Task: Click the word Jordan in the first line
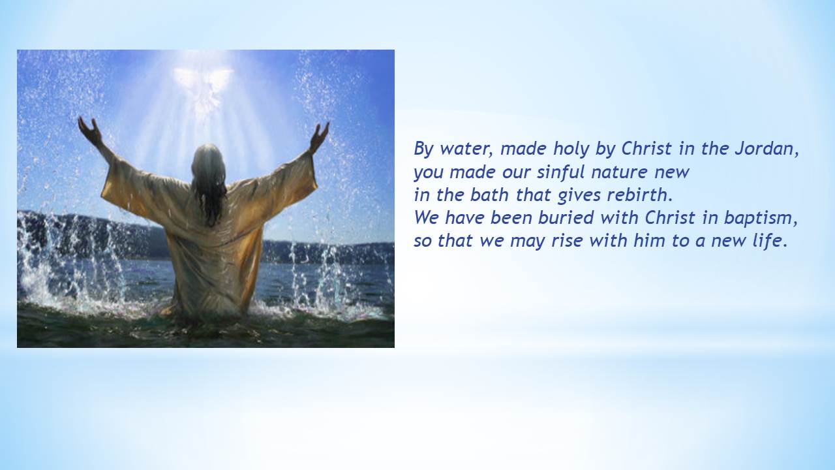767,149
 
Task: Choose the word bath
489,195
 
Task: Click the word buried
567,218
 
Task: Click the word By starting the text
423,149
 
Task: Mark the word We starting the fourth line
427,218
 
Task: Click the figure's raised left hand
89,131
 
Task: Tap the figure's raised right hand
319,136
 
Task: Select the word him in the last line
649,240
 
